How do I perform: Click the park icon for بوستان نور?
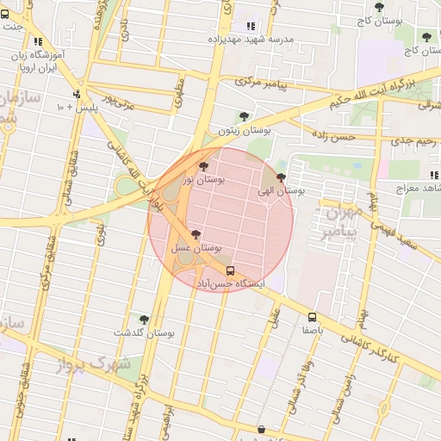pyautogui.click(x=203, y=167)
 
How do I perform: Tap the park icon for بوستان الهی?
pyautogui.click(x=281, y=178)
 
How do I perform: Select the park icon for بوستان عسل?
pyautogui.click(x=196, y=234)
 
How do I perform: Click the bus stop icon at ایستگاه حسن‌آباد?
pyautogui.click(x=229, y=270)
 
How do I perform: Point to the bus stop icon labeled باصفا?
pyautogui.click(x=312, y=316)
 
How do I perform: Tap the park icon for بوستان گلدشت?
pyautogui.click(x=144, y=320)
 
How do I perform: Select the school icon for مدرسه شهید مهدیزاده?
pyautogui.click(x=251, y=27)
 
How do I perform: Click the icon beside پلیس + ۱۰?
pyautogui.click(x=77, y=95)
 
